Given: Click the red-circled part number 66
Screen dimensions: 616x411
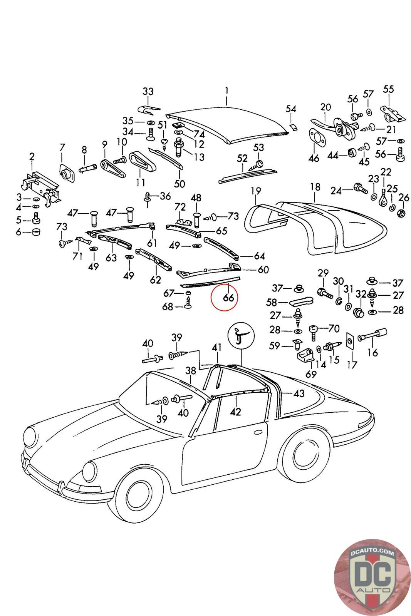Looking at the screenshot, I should (x=228, y=298).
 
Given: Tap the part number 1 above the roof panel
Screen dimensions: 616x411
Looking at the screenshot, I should (x=227, y=91).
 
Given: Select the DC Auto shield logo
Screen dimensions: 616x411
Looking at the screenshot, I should (x=372, y=577).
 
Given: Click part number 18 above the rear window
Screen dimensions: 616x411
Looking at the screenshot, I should (x=315, y=187).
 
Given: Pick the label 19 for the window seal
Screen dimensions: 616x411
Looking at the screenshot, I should (x=256, y=191).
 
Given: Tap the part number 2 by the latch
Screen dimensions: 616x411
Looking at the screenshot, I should (x=32, y=156).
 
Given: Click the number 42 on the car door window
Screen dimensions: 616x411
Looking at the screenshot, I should (x=235, y=412).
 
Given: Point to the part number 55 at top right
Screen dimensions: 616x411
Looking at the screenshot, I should (x=388, y=89).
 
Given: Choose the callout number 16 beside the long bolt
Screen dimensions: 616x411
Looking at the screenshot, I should (x=373, y=352).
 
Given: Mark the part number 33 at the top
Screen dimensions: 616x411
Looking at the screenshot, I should (x=148, y=92).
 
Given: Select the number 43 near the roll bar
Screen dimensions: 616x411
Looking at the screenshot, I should (x=299, y=393).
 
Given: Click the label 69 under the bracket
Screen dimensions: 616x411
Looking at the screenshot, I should (x=311, y=374).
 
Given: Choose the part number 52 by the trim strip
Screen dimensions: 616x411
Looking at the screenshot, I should (x=242, y=158).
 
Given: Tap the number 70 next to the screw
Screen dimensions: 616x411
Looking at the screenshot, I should (x=334, y=328).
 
